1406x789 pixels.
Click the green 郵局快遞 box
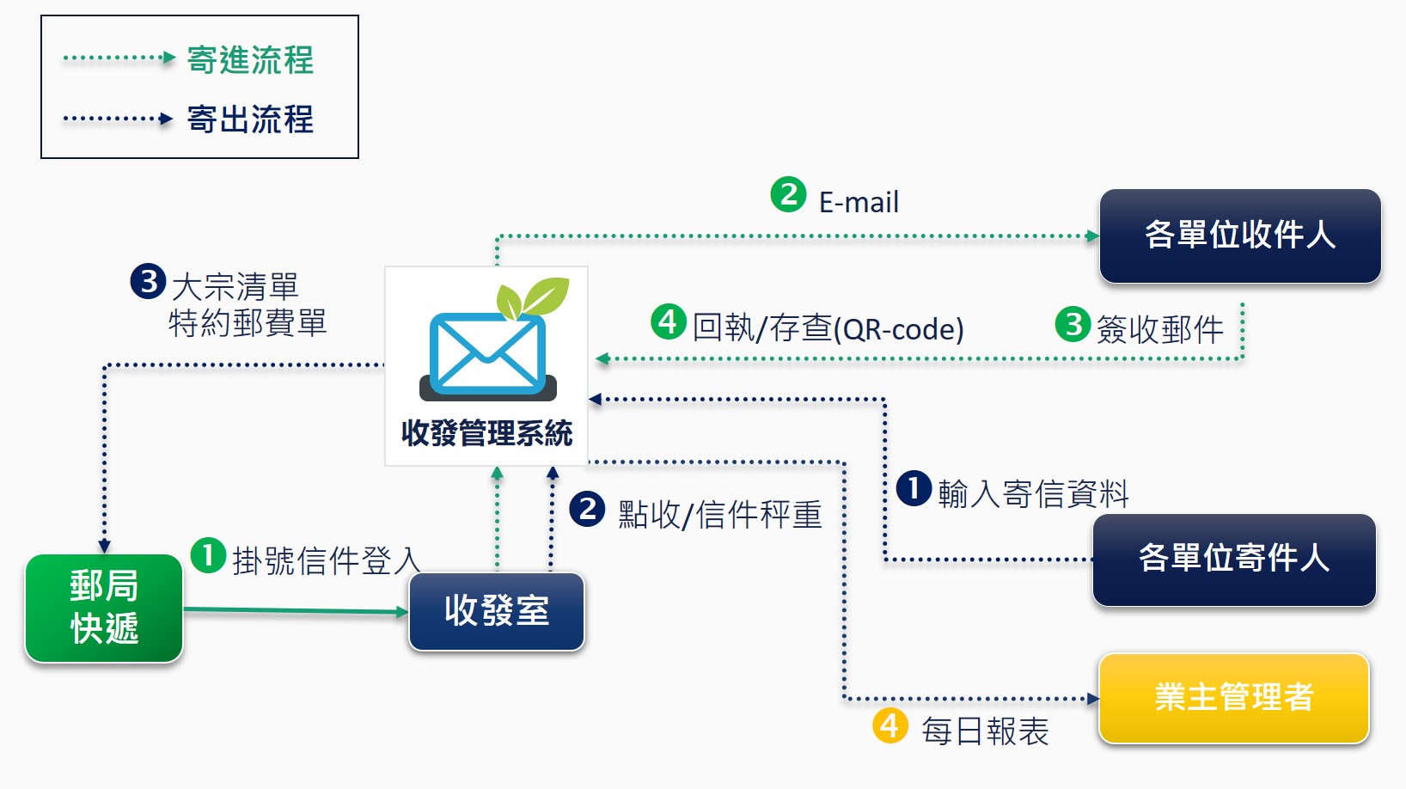point(104,608)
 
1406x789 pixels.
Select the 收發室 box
point(497,611)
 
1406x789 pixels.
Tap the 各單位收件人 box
point(1239,235)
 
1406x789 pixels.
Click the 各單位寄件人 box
point(1233,560)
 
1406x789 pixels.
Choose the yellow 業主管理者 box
point(1233,697)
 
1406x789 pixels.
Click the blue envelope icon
point(487,354)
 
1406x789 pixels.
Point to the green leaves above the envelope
point(534,297)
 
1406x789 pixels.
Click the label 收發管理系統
point(486,433)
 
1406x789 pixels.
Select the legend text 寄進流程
point(250,60)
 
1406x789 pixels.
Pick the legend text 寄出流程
point(250,119)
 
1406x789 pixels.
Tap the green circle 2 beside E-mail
point(788,194)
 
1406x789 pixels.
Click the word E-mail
point(859,203)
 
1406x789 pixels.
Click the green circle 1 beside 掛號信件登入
point(208,555)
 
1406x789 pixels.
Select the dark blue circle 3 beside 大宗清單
point(148,281)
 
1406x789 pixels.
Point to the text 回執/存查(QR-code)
point(828,328)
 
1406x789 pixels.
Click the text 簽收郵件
point(1159,329)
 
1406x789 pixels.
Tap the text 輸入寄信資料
point(1033,494)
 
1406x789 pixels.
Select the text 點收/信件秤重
point(719,515)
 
